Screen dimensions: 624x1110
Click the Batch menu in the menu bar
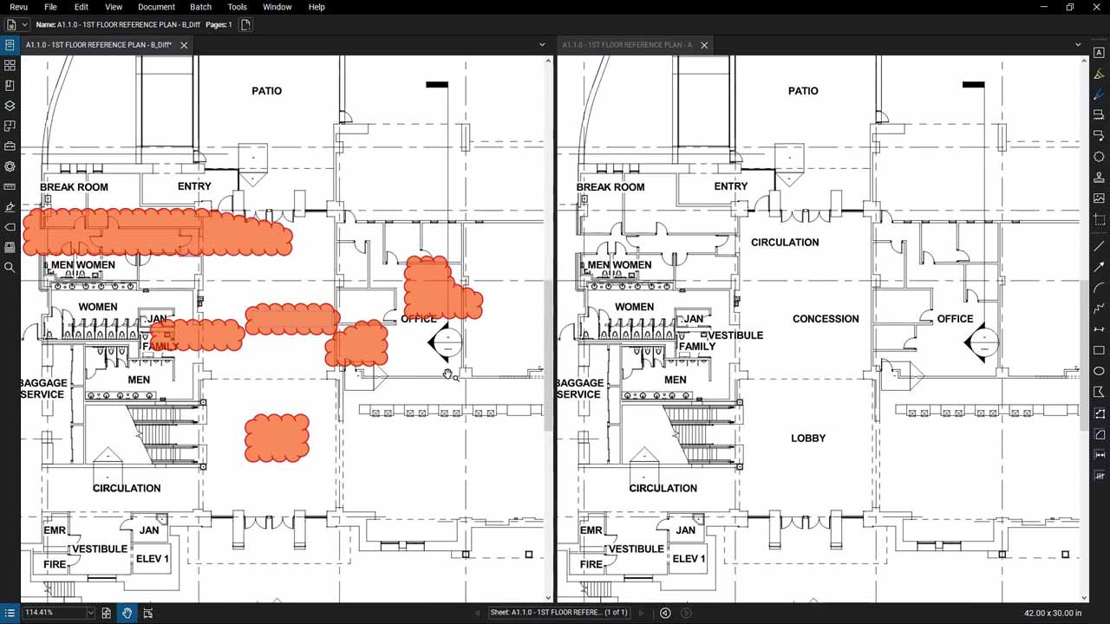(200, 7)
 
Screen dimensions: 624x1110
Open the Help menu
(317, 7)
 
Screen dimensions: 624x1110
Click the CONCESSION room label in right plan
(825, 319)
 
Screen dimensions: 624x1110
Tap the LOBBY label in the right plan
(807, 439)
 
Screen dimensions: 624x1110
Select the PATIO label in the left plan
(266, 91)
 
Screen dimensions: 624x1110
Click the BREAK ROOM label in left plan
(74, 187)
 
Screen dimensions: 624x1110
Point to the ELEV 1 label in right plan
(689, 559)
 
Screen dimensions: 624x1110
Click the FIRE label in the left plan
(55, 564)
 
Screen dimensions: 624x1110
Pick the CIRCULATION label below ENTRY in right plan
(784, 243)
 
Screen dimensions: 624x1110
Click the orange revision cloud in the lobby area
(277, 438)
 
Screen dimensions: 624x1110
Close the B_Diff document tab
(184, 45)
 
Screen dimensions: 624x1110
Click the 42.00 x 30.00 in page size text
(1053, 613)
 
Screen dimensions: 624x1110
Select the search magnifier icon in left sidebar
(10, 268)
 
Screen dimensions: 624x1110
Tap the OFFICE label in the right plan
(955, 319)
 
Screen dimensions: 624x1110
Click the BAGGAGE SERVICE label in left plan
(43, 388)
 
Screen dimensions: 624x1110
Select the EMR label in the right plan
(591, 530)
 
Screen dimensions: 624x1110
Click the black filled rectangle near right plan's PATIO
(973, 85)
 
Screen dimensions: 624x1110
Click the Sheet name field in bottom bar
(558, 613)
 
